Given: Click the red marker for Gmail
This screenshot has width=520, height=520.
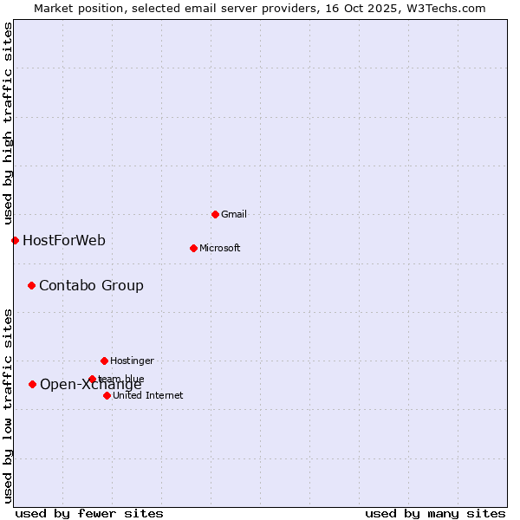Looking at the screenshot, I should pos(215,214).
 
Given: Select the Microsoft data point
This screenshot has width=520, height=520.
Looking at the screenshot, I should pos(193,248).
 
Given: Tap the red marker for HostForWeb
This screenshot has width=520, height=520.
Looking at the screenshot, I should pos(15,240).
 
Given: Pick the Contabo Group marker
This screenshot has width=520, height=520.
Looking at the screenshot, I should pos(31,285).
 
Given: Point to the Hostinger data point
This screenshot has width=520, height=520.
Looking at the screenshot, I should pos(104,361).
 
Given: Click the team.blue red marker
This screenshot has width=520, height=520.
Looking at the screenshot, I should pos(92,379).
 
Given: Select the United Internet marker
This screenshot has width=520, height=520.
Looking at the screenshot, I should pos(107,395).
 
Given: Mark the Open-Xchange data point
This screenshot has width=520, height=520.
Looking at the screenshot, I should pos(32,384).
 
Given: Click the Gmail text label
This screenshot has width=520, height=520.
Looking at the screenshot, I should pos(234,214).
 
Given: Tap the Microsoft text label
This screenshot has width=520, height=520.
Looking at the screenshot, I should pos(220,248).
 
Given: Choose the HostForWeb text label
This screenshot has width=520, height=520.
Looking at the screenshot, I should pos(64,240).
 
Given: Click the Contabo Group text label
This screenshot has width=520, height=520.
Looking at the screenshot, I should pos(91,285).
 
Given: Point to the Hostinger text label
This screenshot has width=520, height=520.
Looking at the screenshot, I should pos(132,361).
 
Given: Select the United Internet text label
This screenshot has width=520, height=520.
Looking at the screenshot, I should pos(147,395).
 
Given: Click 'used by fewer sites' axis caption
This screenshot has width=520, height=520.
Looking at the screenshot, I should pos(89,513).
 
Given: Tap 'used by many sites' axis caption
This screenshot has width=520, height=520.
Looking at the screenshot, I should pos(435,513).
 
